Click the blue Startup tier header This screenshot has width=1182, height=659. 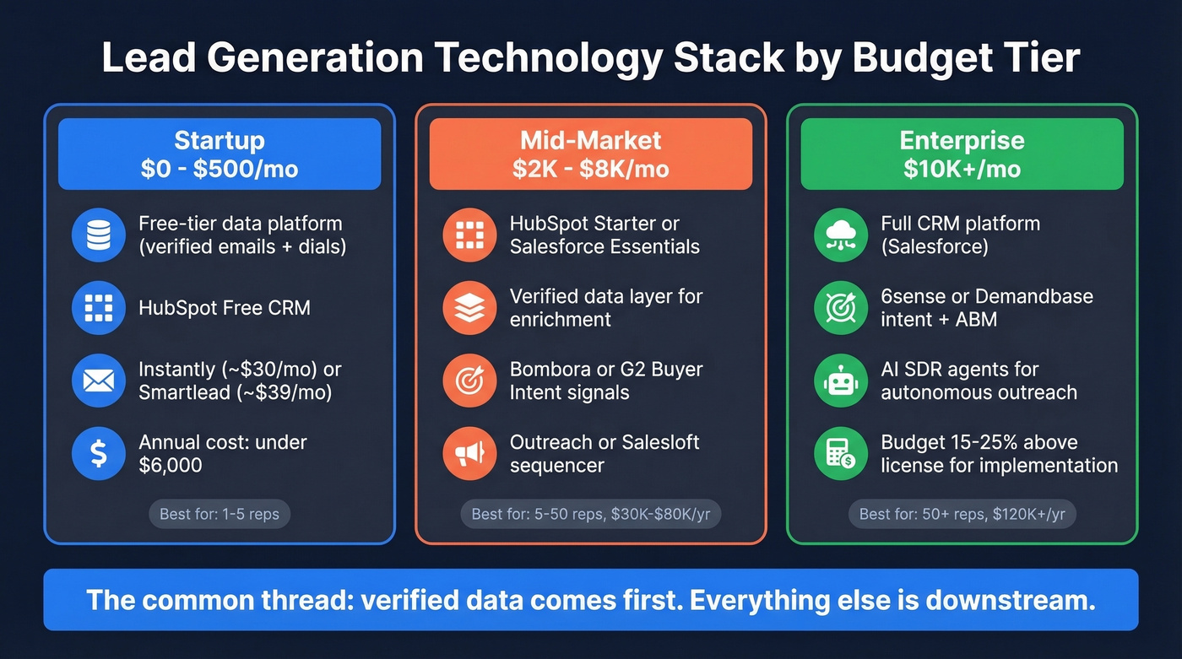(220, 154)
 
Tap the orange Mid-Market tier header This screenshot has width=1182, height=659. (590, 154)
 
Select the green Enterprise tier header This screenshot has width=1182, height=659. (962, 154)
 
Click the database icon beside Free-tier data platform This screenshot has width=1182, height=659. (99, 235)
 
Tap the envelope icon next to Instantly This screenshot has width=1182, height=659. (99, 381)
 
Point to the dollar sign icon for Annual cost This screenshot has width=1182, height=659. (99, 454)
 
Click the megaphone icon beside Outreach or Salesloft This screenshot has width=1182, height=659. (469, 454)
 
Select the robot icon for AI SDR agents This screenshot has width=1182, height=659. (841, 381)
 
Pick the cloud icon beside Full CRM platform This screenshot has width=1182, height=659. (841, 235)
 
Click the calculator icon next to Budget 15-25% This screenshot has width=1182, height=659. (841, 454)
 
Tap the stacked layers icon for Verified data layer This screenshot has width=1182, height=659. (469, 308)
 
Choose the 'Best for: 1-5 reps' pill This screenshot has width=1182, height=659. (220, 514)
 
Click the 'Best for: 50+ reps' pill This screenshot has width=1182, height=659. (962, 514)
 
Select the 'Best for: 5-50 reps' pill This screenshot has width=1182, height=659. (590, 514)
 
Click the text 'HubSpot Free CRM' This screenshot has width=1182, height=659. (225, 308)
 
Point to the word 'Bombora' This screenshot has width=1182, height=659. (550, 370)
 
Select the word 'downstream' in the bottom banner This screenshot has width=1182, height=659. (1006, 601)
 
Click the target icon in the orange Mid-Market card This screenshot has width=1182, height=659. (469, 381)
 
